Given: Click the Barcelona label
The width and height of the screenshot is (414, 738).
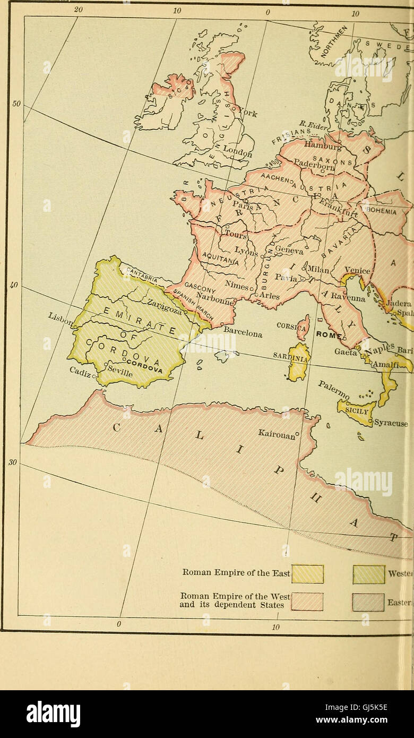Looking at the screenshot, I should coord(243,332).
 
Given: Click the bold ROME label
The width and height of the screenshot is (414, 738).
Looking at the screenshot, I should coord(327,334).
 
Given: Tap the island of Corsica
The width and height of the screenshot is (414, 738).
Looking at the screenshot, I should coord(303,327).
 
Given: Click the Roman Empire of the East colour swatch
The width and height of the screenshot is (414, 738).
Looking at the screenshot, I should coord(307,573).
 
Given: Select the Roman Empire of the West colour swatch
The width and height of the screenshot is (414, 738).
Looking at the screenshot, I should coord(307,601).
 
